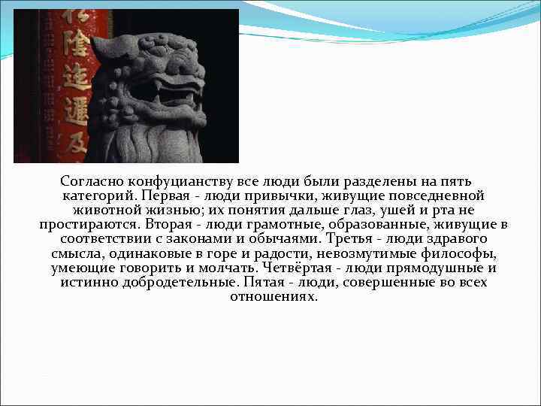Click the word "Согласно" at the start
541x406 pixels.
pyautogui.click(x=92, y=182)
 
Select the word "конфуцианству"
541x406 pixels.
pyautogui.click(x=181, y=182)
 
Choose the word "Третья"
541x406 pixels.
pyautogui.click(x=355, y=239)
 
